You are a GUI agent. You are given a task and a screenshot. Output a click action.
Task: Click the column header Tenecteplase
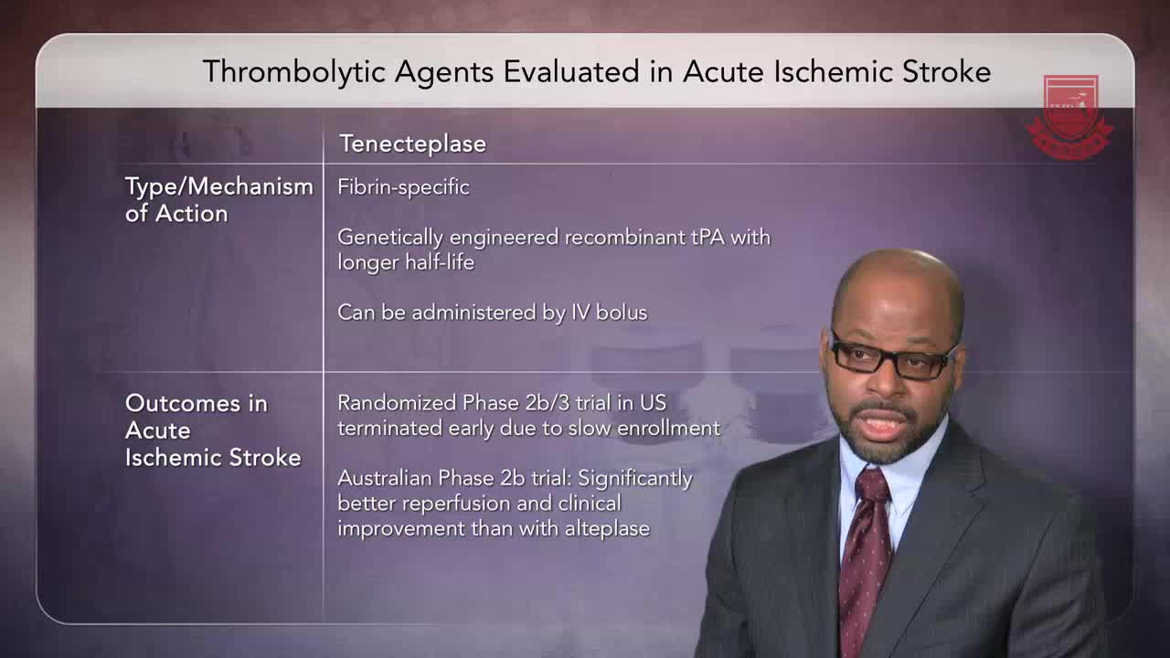tap(412, 143)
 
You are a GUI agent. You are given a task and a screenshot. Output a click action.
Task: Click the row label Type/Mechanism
tap(218, 186)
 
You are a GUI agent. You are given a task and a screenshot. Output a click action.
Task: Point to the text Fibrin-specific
tap(403, 187)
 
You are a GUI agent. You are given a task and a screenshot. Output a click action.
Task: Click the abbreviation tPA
tap(708, 238)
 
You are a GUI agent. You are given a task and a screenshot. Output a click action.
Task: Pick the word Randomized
tap(397, 403)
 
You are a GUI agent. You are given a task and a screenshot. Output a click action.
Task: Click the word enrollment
tap(668, 429)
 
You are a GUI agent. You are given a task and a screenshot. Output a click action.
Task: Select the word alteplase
tap(607, 529)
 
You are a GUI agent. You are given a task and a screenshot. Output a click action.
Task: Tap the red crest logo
tap(1069, 117)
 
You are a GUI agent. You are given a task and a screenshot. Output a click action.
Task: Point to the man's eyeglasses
tap(894, 358)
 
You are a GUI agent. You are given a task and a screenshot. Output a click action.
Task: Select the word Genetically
tap(390, 238)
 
